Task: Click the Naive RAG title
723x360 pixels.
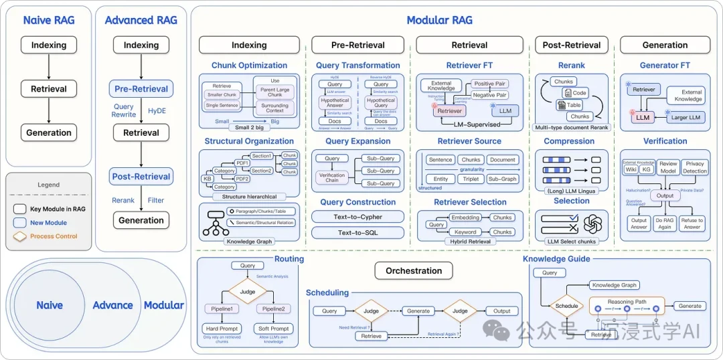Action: (49, 20)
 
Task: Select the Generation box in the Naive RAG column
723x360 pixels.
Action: (49, 132)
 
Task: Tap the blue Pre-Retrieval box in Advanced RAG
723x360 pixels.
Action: (141, 89)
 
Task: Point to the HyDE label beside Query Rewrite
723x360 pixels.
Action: (157, 110)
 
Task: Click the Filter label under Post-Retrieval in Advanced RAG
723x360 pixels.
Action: (156, 200)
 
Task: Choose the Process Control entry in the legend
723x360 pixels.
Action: (54, 236)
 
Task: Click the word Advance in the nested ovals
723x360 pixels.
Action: (112, 305)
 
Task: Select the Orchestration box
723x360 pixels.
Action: (414, 271)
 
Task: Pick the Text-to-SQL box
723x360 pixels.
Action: (357, 232)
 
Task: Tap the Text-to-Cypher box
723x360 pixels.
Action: (357, 217)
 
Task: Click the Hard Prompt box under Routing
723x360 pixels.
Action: (222, 329)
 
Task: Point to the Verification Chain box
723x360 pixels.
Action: (332, 177)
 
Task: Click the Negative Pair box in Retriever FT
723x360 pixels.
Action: (489, 95)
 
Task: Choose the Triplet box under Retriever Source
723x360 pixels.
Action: (471, 179)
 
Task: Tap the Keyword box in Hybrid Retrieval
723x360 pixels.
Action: (465, 232)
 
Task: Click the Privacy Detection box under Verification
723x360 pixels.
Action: (695, 167)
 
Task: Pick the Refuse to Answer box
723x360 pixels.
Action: (692, 223)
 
